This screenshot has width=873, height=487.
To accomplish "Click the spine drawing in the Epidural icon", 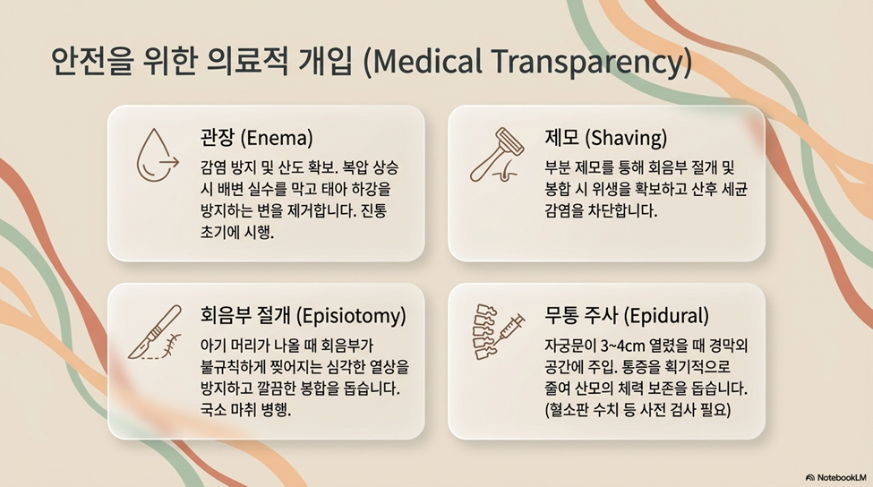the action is (484, 332).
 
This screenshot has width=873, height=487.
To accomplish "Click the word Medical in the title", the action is (422, 61).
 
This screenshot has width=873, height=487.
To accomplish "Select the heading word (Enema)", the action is (277, 138).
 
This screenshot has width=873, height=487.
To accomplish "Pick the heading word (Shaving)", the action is (626, 138).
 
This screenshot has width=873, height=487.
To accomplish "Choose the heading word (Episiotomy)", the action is (351, 316).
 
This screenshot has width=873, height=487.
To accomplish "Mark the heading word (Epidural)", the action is (666, 316).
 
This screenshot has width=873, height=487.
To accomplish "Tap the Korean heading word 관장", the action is (218, 138).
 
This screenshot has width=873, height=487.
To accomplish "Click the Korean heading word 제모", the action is (561, 138).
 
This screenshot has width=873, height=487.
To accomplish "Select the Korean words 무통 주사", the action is (581, 316).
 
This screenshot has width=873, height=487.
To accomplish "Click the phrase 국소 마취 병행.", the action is (245, 410).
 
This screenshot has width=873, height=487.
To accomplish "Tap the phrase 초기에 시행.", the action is (237, 232).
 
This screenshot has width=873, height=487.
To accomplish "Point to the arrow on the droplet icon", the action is (168, 163).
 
